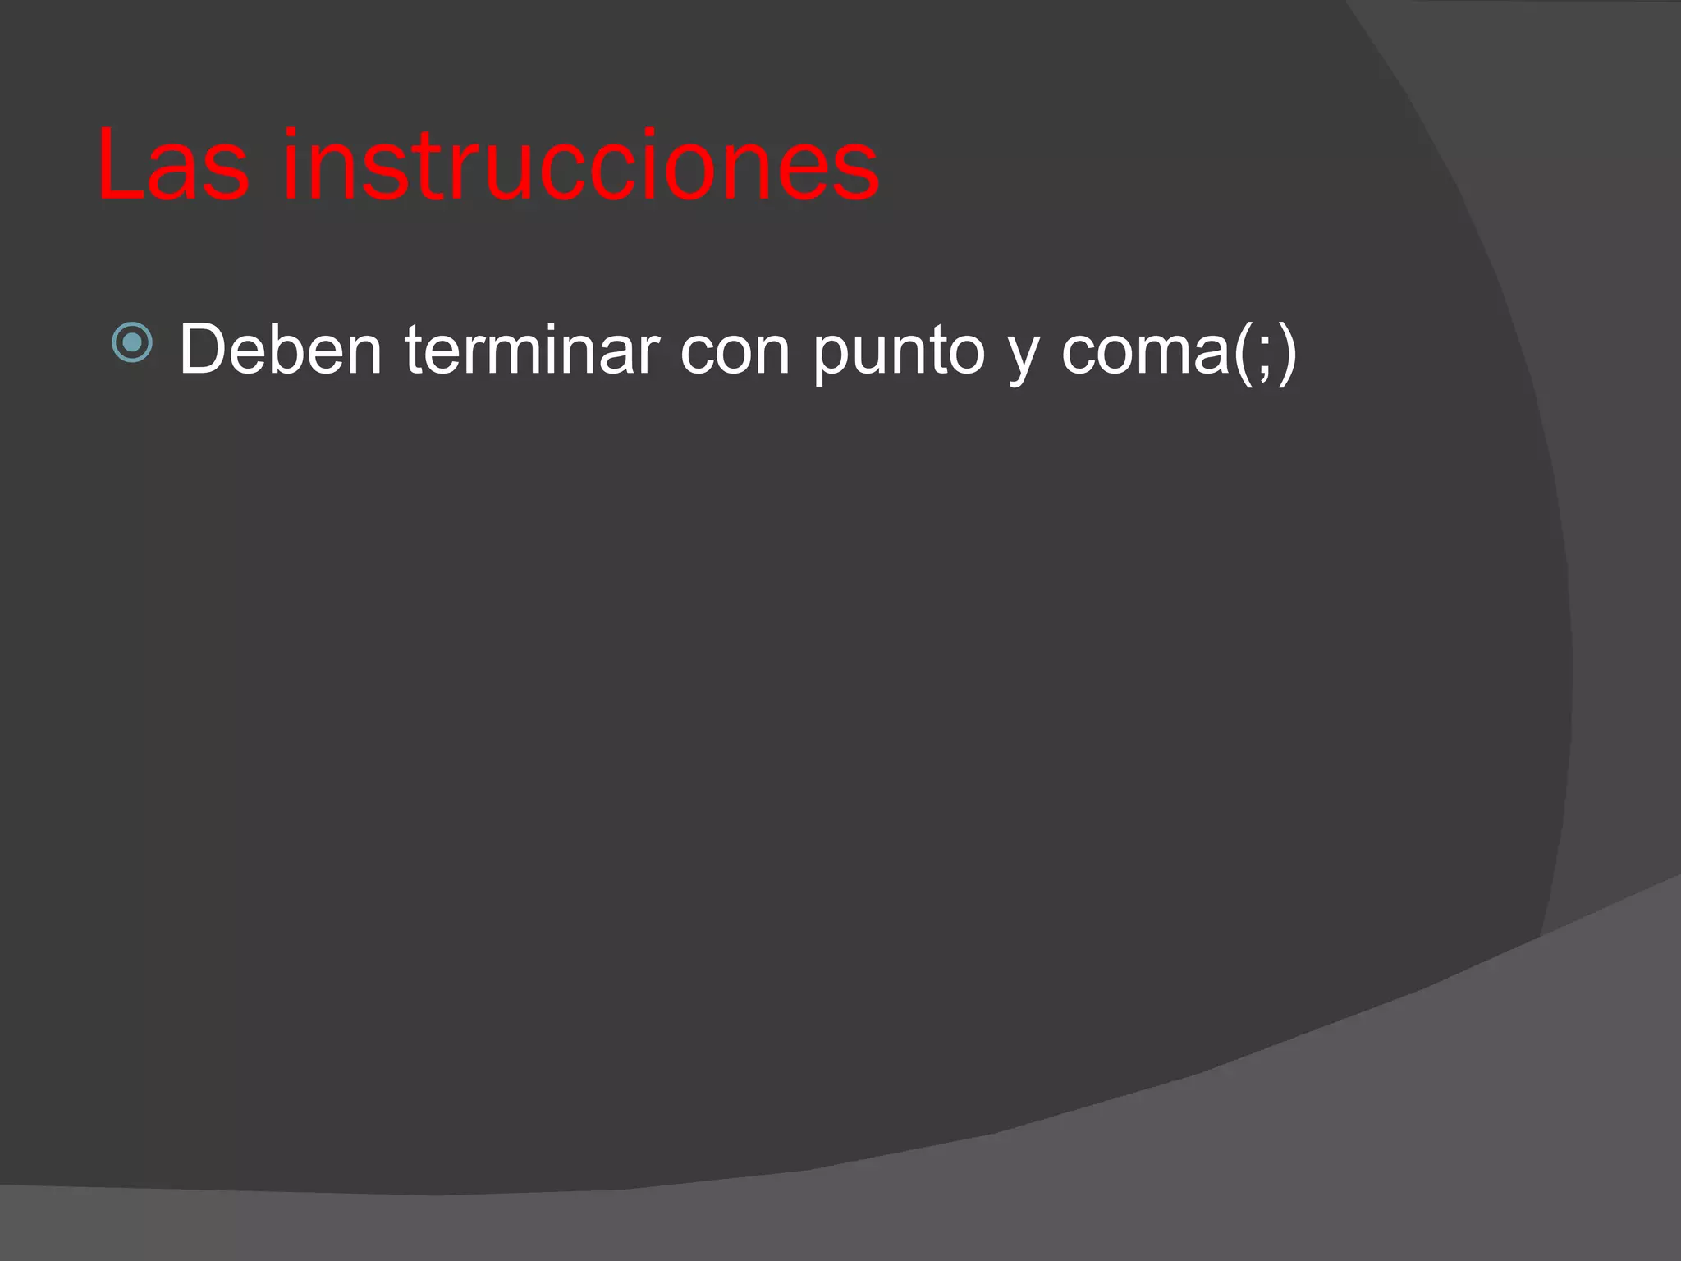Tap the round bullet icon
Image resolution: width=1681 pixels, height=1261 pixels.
[x=132, y=343]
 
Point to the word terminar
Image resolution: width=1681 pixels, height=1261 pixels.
[x=532, y=350]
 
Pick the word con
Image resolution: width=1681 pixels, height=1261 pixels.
[x=735, y=351]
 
